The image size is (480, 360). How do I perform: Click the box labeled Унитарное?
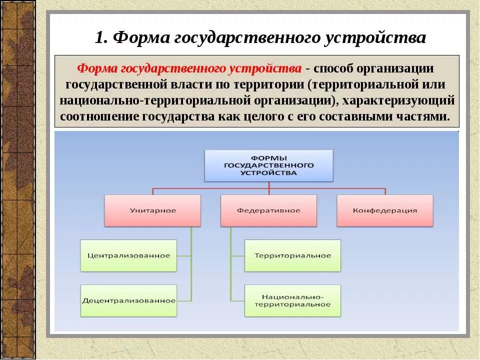click(x=152, y=210)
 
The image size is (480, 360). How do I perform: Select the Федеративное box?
click(x=268, y=210)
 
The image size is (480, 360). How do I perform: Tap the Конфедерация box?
click(x=384, y=210)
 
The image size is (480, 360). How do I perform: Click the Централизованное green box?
click(x=128, y=255)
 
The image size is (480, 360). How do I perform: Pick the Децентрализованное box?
click(x=128, y=300)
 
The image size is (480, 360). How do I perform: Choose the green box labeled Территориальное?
click(x=292, y=255)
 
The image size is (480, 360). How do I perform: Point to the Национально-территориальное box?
click(x=292, y=300)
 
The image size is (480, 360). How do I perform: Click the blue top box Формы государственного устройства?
click(x=268, y=165)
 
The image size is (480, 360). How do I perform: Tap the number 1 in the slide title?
click(x=100, y=38)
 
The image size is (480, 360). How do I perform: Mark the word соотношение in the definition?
click(x=100, y=116)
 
